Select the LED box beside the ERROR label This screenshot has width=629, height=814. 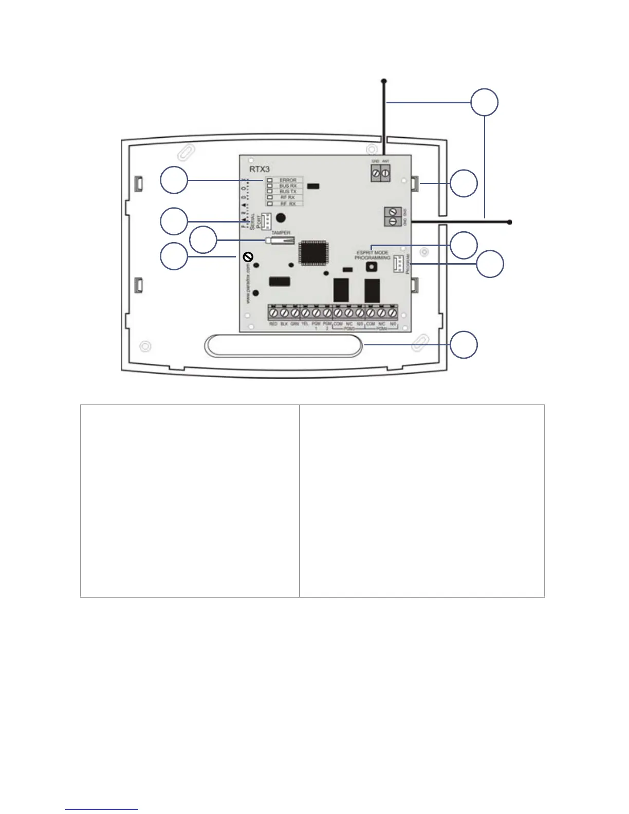(269, 180)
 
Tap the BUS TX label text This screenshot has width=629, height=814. (288, 192)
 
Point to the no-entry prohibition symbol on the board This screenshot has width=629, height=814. (247, 256)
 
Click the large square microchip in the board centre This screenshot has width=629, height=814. (312, 252)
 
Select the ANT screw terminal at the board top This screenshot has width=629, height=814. (385, 174)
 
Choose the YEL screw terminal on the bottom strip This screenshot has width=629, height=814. (305, 312)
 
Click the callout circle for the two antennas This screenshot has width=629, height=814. (485, 102)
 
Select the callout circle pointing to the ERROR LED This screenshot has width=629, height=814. (174, 180)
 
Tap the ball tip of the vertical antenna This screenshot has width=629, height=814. (383, 81)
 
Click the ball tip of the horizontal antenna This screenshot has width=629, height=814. (509, 222)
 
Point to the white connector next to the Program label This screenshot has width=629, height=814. (398, 264)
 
